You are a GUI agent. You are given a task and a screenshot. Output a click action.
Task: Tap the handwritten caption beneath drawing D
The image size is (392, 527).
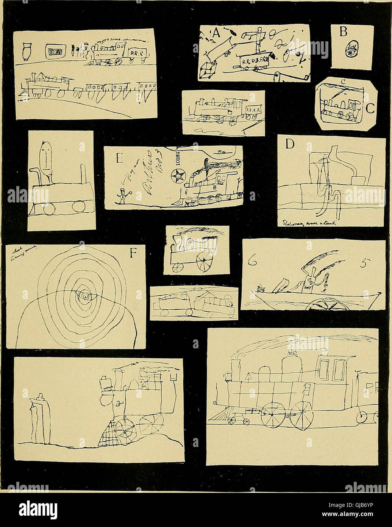[x=309, y=224]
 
